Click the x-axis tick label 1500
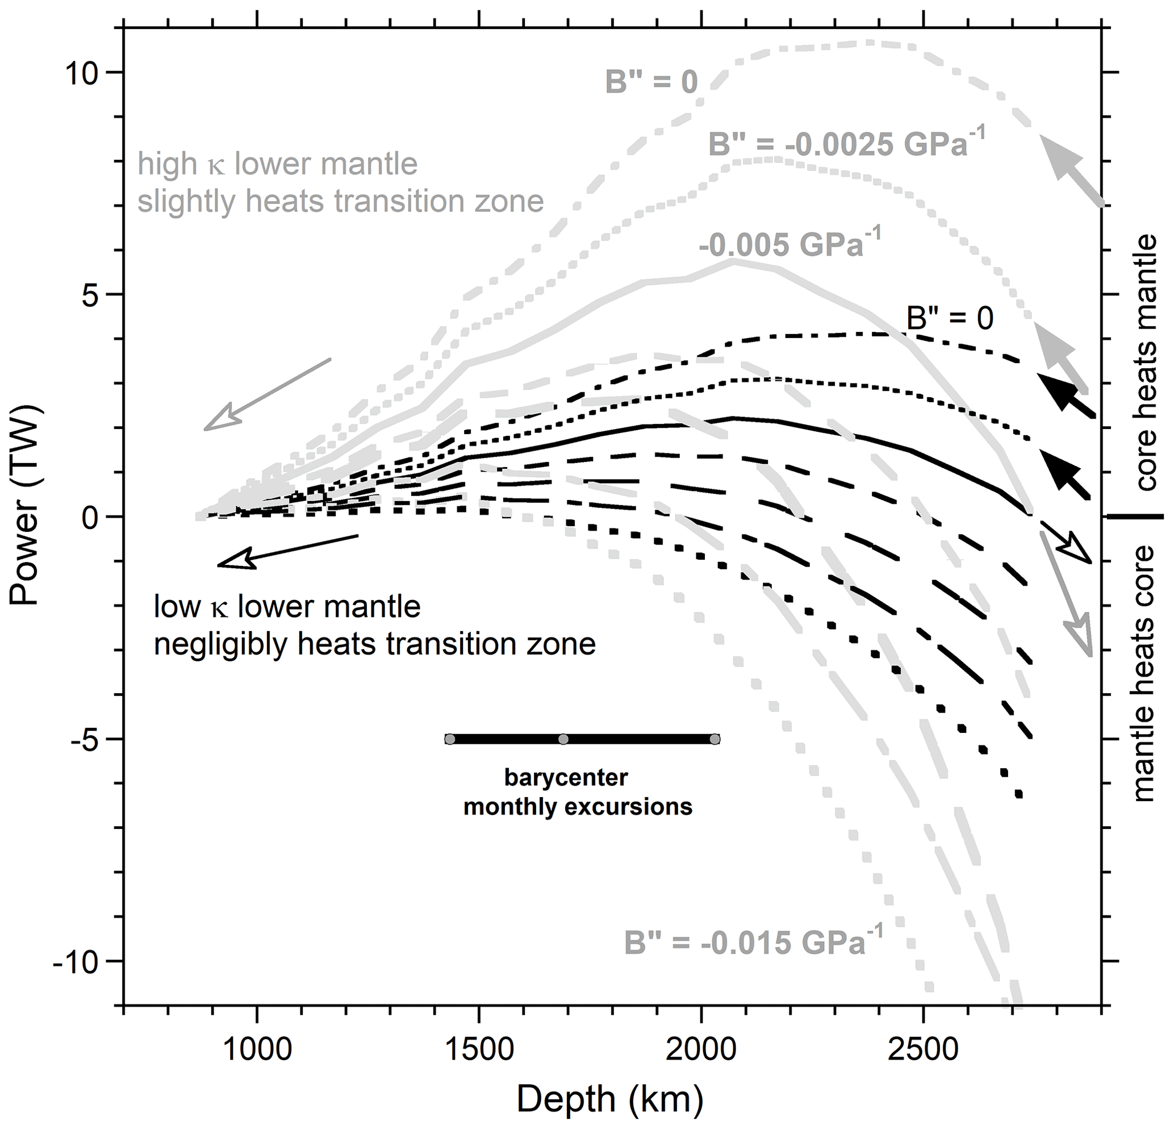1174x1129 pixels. [479, 1049]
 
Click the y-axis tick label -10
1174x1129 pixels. [78, 961]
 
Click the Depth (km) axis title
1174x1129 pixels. [610, 1099]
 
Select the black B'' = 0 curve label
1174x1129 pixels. [950, 318]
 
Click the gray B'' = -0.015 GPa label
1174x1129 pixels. [754, 941]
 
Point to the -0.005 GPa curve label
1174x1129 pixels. [790, 245]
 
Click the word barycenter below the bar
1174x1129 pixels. [566, 778]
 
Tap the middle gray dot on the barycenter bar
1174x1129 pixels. [563, 739]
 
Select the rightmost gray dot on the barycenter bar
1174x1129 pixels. [715, 739]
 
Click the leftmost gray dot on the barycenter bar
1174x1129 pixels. [450, 739]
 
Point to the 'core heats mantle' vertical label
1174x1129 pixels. [1145, 363]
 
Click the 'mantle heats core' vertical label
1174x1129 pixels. [1145, 673]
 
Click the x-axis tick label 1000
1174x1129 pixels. [257, 1049]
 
